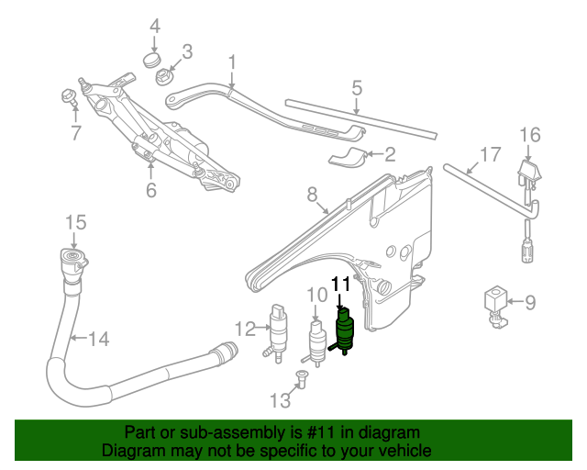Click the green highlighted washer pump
coord(345,330)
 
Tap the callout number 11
coord(340,285)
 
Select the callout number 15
coord(75,221)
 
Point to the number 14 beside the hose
coord(98,339)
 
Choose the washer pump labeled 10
coord(317,341)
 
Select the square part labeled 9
coord(495,301)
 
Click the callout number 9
coord(530,300)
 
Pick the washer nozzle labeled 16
coord(528,175)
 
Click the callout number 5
coord(357,89)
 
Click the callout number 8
coord(312,195)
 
